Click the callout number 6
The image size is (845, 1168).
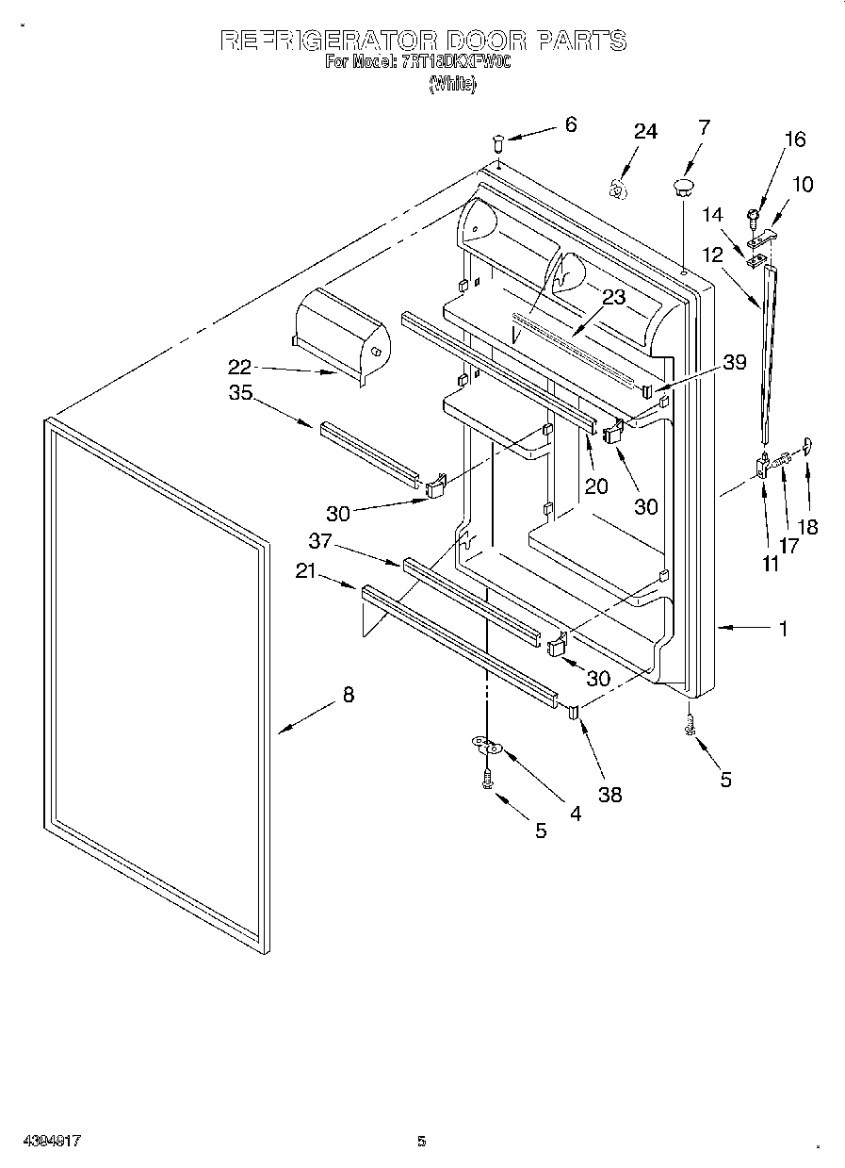tap(571, 123)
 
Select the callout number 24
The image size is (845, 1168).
tap(644, 131)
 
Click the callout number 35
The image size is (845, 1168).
tap(240, 393)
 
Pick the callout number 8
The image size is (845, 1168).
tap(349, 695)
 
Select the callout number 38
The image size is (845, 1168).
tap(610, 795)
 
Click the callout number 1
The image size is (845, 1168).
tap(783, 629)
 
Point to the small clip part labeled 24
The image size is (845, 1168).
tap(617, 188)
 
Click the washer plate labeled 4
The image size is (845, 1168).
tap(487, 748)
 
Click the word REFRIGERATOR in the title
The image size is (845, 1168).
tap(328, 41)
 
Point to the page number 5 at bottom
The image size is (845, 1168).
tap(422, 1142)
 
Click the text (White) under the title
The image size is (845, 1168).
tap(453, 84)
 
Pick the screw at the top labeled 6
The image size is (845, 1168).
tap(499, 143)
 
